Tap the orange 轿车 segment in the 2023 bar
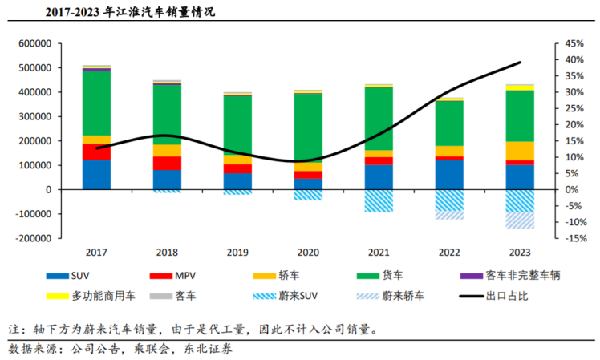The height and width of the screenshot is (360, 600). point(520,151)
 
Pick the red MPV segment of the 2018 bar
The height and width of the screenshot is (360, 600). point(167,163)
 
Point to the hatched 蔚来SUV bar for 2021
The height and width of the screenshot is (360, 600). point(379,200)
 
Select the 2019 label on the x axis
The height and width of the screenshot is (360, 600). point(237,252)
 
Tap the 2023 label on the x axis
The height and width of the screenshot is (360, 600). point(520,252)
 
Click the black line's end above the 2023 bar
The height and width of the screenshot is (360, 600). point(520,62)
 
